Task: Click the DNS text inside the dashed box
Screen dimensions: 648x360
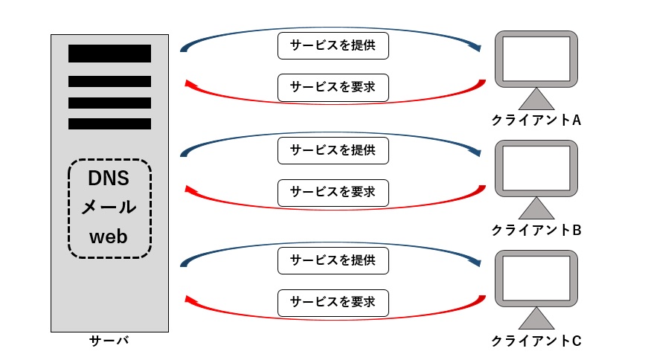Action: pyautogui.click(x=109, y=178)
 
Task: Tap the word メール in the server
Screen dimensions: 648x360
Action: pyautogui.click(x=109, y=207)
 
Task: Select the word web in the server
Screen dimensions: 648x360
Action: pyautogui.click(x=109, y=237)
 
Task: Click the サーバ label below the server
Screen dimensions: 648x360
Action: pyautogui.click(x=109, y=341)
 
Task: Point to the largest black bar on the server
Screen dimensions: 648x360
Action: pyautogui.click(x=109, y=54)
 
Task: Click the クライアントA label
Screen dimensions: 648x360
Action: pyautogui.click(x=536, y=120)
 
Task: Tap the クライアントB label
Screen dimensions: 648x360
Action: pyautogui.click(x=536, y=230)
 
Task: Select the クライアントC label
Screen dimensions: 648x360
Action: pyautogui.click(x=536, y=341)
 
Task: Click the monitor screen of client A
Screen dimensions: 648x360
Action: pyautogui.click(x=536, y=59)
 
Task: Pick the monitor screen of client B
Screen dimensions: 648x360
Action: pyautogui.click(x=536, y=168)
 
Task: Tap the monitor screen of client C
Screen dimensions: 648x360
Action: pyautogui.click(x=536, y=278)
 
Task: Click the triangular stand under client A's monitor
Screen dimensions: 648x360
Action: pyautogui.click(x=536, y=100)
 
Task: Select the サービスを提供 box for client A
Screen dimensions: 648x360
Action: pyautogui.click(x=333, y=45)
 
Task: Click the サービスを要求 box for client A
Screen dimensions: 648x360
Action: pyautogui.click(x=333, y=87)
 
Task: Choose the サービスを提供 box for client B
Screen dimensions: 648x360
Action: pyautogui.click(x=333, y=150)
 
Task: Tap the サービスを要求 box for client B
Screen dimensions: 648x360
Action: pyautogui.click(x=333, y=193)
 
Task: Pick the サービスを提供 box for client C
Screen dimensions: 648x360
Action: pyautogui.click(x=333, y=260)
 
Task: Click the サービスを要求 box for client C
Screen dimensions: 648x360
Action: pyautogui.click(x=333, y=303)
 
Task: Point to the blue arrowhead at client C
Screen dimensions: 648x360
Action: pyautogui.click(x=475, y=262)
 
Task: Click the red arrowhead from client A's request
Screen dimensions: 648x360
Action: pyautogui.click(x=191, y=84)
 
